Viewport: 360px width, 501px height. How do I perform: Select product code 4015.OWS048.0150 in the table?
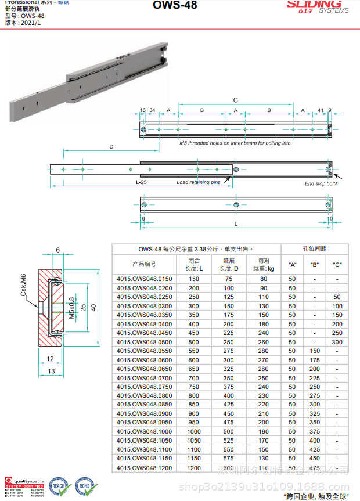145,279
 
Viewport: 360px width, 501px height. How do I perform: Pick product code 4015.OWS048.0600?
145,360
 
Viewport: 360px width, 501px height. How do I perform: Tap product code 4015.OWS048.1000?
145,431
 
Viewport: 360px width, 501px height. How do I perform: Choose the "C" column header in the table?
337,265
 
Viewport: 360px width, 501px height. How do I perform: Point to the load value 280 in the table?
264,351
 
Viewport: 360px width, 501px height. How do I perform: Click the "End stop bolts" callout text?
321,183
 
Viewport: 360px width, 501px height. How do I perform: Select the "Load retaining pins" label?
199,182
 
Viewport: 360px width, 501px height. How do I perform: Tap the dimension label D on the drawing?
111,147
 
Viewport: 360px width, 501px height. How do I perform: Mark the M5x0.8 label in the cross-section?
71,308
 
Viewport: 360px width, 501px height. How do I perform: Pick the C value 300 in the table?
337,342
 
